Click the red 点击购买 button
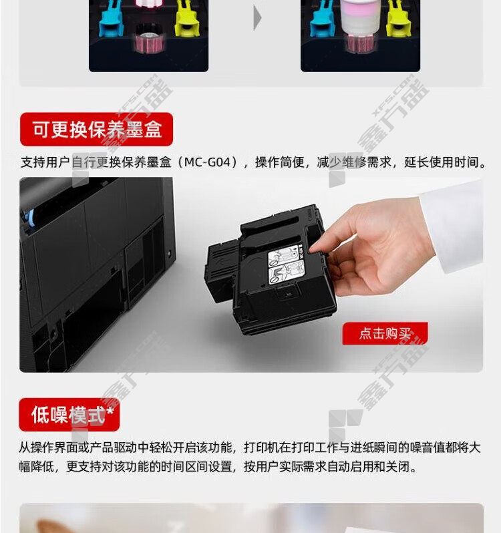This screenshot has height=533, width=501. pyautogui.click(x=385, y=333)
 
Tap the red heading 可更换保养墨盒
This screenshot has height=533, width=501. pyautogui.click(x=97, y=129)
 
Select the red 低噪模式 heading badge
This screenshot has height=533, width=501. pyautogui.click(x=69, y=415)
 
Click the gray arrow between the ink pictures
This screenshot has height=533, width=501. pyautogui.click(x=257, y=18)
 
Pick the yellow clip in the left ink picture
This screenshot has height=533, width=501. pyautogui.click(x=186, y=19)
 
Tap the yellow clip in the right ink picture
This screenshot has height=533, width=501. pyautogui.click(x=398, y=19)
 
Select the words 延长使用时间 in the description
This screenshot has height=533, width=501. pyautogui.click(x=442, y=162)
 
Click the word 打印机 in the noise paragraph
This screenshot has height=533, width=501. pyautogui.click(x=263, y=448)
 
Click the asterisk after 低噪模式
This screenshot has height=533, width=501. pyautogui.click(x=110, y=411)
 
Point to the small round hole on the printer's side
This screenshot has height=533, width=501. pyautogui.click(x=170, y=254)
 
